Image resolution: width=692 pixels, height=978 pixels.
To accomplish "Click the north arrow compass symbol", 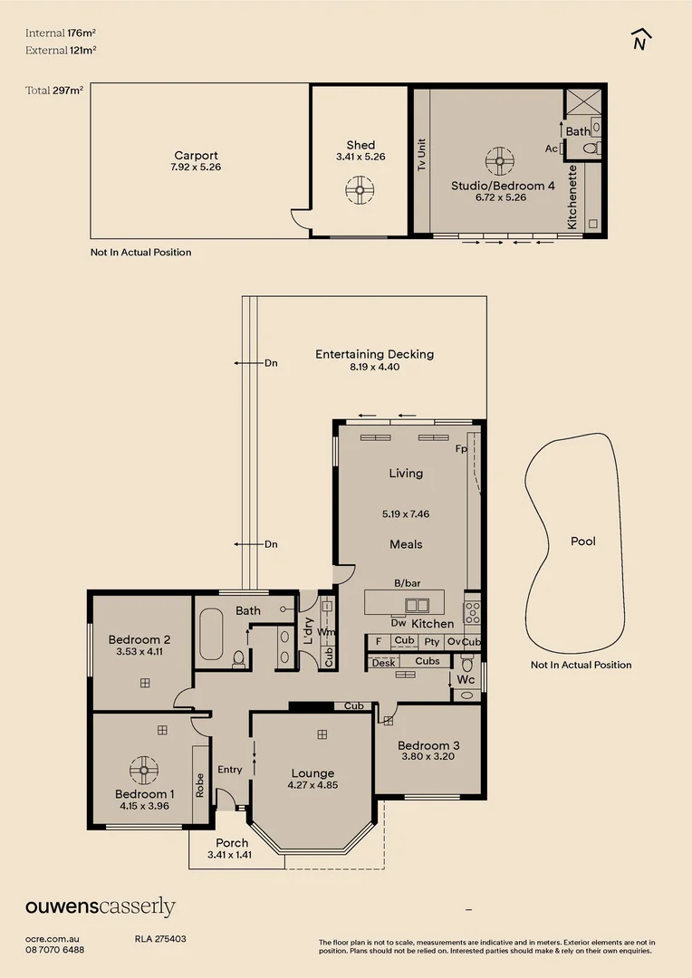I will pyautogui.click(x=640, y=41).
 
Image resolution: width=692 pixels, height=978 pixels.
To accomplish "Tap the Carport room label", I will pyautogui.click(x=196, y=156).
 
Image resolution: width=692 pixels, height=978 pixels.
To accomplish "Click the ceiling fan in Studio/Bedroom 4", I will pyautogui.click(x=499, y=161).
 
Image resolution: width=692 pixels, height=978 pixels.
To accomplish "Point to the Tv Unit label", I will pyautogui.click(x=421, y=155).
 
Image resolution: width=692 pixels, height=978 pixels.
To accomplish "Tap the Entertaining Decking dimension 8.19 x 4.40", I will pyautogui.click(x=374, y=367).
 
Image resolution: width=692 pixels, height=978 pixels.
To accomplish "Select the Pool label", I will pyautogui.click(x=583, y=541).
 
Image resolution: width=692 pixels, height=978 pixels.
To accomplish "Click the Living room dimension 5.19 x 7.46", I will pyautogui.click(x=406, y=513).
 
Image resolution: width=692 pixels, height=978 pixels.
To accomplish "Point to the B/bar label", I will pyautogui.click(x=407, y=584).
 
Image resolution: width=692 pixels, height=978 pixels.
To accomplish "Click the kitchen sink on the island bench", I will pyautogui.click(x=417, y=605).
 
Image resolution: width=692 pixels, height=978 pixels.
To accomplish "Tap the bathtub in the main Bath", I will pyautogui.click(x=211, y=636).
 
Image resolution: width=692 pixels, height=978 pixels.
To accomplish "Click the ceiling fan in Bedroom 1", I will pyautogui.click(x=143, y=771).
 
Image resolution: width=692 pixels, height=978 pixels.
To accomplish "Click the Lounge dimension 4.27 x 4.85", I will pyautogui.click(x=312, y=785).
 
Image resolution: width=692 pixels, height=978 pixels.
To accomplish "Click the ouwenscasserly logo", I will pyautogui.click(x=100, y=906).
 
